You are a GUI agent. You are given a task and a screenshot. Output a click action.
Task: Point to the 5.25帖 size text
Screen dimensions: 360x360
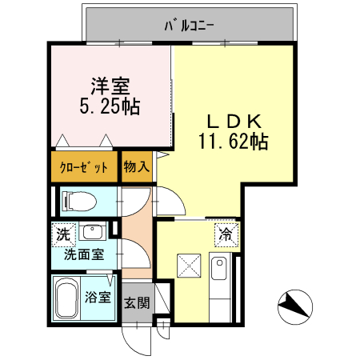[x=110, y=106]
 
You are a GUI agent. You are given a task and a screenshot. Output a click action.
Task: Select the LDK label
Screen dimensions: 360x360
[x=234, y=122]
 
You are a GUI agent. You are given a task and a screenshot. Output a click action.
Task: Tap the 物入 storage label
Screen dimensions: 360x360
[x=136, y=168]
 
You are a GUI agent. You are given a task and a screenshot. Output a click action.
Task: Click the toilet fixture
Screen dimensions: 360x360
[x=79, y=201]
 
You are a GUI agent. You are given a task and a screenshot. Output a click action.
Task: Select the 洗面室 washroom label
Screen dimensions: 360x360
[x=84, y=255]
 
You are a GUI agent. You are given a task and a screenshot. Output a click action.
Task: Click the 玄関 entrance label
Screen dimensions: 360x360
[x=136, y=303]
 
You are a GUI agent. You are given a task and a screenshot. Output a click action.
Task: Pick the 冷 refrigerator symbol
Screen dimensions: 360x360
[x=226, y=235]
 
